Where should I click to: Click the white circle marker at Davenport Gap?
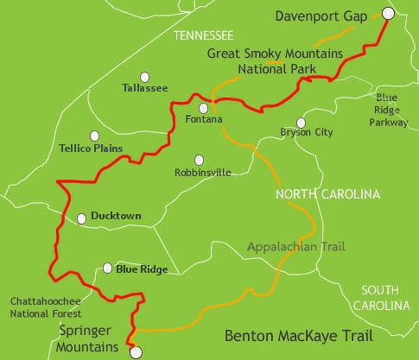tap(388, 13)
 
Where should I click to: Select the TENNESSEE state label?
tap(203, 35)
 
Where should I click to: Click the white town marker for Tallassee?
tap(145, 76)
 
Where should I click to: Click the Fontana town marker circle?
tap(203, 109)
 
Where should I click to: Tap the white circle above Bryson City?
tap(301, 123)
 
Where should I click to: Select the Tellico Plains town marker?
tap(94, 136)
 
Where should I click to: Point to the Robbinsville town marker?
tap(200, 160)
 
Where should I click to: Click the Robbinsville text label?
tap(203, 172)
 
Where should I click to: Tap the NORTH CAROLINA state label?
tap(327, 195)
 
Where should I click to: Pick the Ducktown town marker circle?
tap(82, 218)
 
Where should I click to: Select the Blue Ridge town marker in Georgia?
tap(106, 268)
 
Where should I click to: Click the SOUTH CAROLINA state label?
tap(385, 298)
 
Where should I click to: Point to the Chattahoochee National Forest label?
tap(42, 307)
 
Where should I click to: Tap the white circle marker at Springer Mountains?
tap(135, 351)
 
